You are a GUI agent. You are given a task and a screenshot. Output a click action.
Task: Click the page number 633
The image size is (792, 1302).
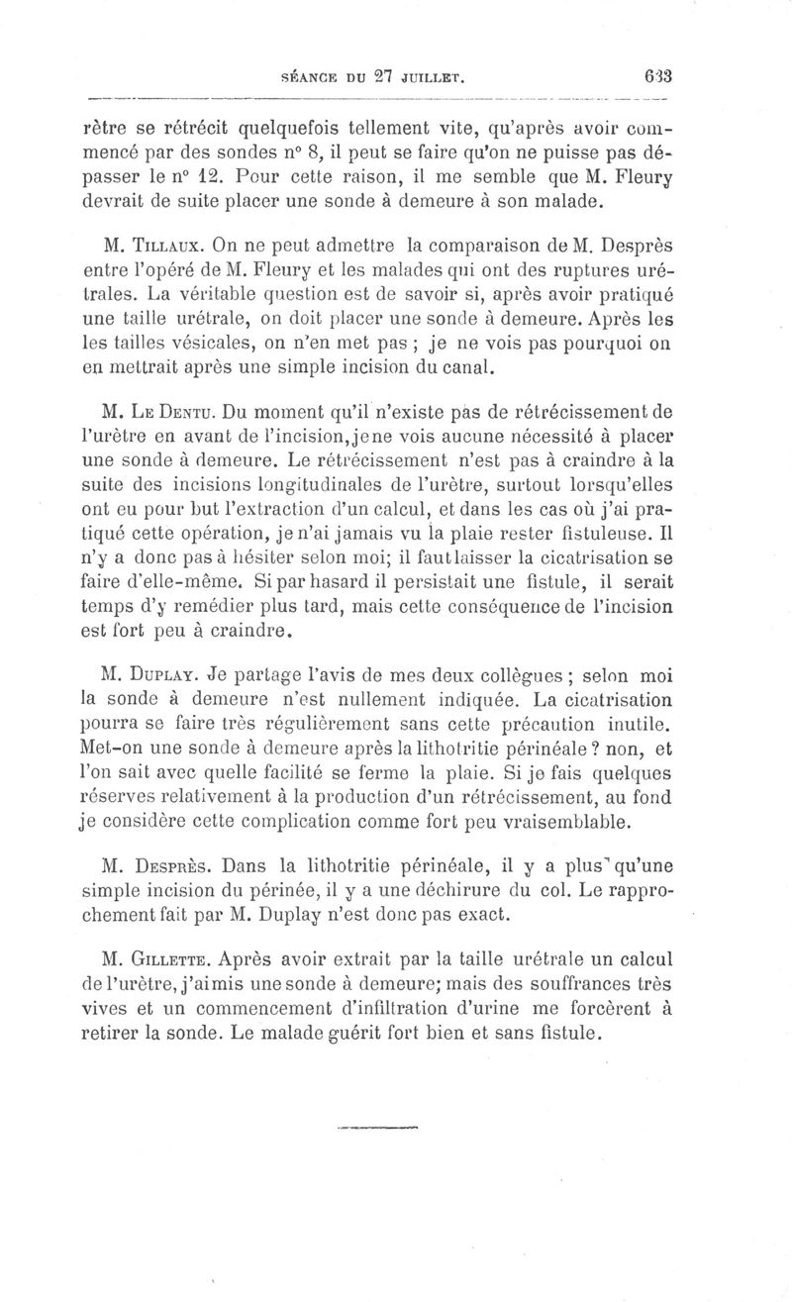click(x=656, y=76)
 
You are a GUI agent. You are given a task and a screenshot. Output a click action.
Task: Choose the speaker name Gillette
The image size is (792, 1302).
click(x=169, y=958)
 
